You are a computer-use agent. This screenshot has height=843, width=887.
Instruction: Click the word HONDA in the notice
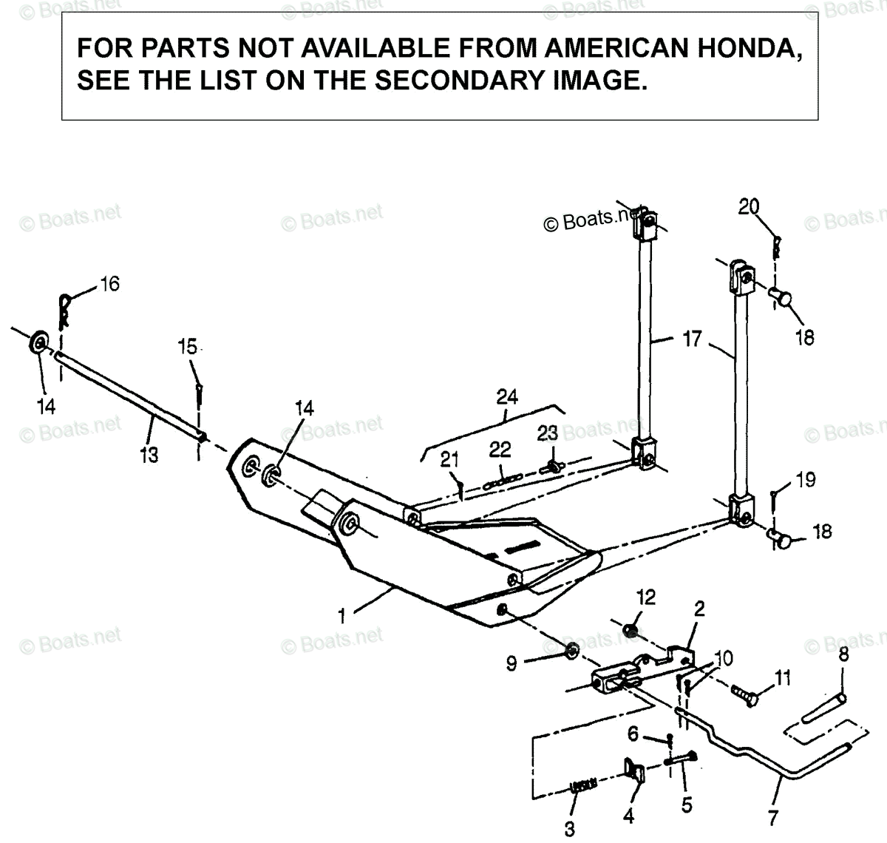coord(747,49)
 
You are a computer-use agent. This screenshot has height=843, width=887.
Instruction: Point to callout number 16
coord(109,284)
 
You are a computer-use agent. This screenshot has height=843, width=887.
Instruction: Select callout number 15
coord(188,346)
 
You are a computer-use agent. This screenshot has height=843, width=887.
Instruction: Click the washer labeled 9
coord(572,651)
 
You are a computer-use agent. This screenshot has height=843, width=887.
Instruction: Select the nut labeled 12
coord(631,630)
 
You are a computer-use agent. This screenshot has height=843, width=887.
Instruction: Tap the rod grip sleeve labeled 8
coord(825,708)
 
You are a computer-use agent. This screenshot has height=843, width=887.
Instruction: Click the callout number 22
coord(500,449)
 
